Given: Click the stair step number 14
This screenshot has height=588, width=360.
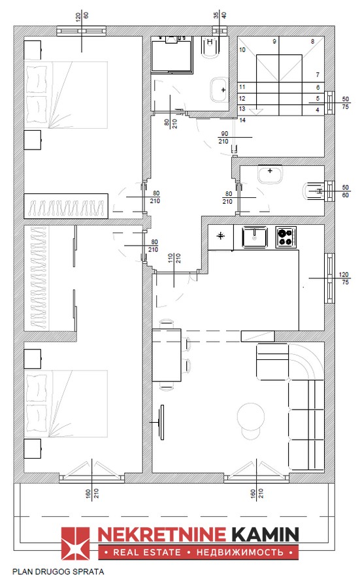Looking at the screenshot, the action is coord(242,120).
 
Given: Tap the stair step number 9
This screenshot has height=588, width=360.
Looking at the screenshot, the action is coord(274,41).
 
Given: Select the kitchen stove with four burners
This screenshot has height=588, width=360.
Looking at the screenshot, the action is coord(286,237).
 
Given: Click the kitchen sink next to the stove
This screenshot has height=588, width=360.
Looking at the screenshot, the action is coord(255,237).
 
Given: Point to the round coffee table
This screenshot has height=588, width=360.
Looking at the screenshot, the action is coord(251,417).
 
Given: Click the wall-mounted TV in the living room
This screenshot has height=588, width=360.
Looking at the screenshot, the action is coord(162,422).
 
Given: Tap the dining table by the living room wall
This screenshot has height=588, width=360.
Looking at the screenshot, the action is coord(167,355).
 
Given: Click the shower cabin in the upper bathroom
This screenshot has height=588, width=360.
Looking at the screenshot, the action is coord(172,55).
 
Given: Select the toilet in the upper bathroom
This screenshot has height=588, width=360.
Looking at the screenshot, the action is coord(210,48).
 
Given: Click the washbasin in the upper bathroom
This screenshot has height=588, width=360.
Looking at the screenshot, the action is coord(219,90).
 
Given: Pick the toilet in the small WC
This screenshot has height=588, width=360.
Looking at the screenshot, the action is coord(313,191).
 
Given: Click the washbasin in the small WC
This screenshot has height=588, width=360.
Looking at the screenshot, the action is coord(270,174).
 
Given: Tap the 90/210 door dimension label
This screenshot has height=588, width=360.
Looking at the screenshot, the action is coord(224,138).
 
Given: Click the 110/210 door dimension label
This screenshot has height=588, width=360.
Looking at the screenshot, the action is coord(174,258).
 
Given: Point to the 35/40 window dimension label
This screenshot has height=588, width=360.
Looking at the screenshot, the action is coord(220,16).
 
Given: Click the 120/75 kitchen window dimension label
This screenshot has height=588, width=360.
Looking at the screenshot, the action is coord(344,278).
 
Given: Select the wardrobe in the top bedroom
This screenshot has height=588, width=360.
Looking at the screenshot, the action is coord(66,206).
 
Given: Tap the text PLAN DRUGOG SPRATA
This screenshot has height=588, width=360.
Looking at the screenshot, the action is coord(58,572).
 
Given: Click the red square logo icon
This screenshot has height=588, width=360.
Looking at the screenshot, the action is coord(75,544).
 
